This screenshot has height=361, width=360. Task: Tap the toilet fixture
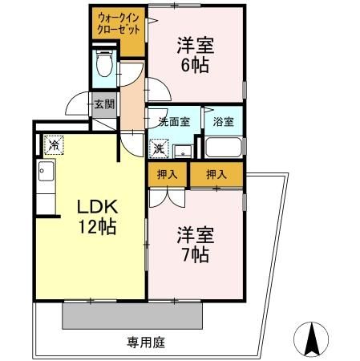pyautogui.click(x=103, y=65)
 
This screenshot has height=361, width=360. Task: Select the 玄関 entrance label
pyautogui.click(x=103, y=103)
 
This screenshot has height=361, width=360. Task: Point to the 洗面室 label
pyautogui.click(x=172, y=123)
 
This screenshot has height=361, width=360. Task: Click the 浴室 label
pyautogui.click(x=223, y=123)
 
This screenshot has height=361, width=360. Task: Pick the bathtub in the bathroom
pyautogui.click(x=223, y=148)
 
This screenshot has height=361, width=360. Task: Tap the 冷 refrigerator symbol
pyautogui.click(x=53, y=145)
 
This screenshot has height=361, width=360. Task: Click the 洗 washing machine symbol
pyautogui.click(x=160, y=148)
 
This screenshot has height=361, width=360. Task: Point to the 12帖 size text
pyautogui.click(x=95, y=227)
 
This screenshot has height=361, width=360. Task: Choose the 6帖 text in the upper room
pyautogui.click(x=194, y=67)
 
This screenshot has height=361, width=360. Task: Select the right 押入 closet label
pyautogui.click(x=216, y=174)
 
